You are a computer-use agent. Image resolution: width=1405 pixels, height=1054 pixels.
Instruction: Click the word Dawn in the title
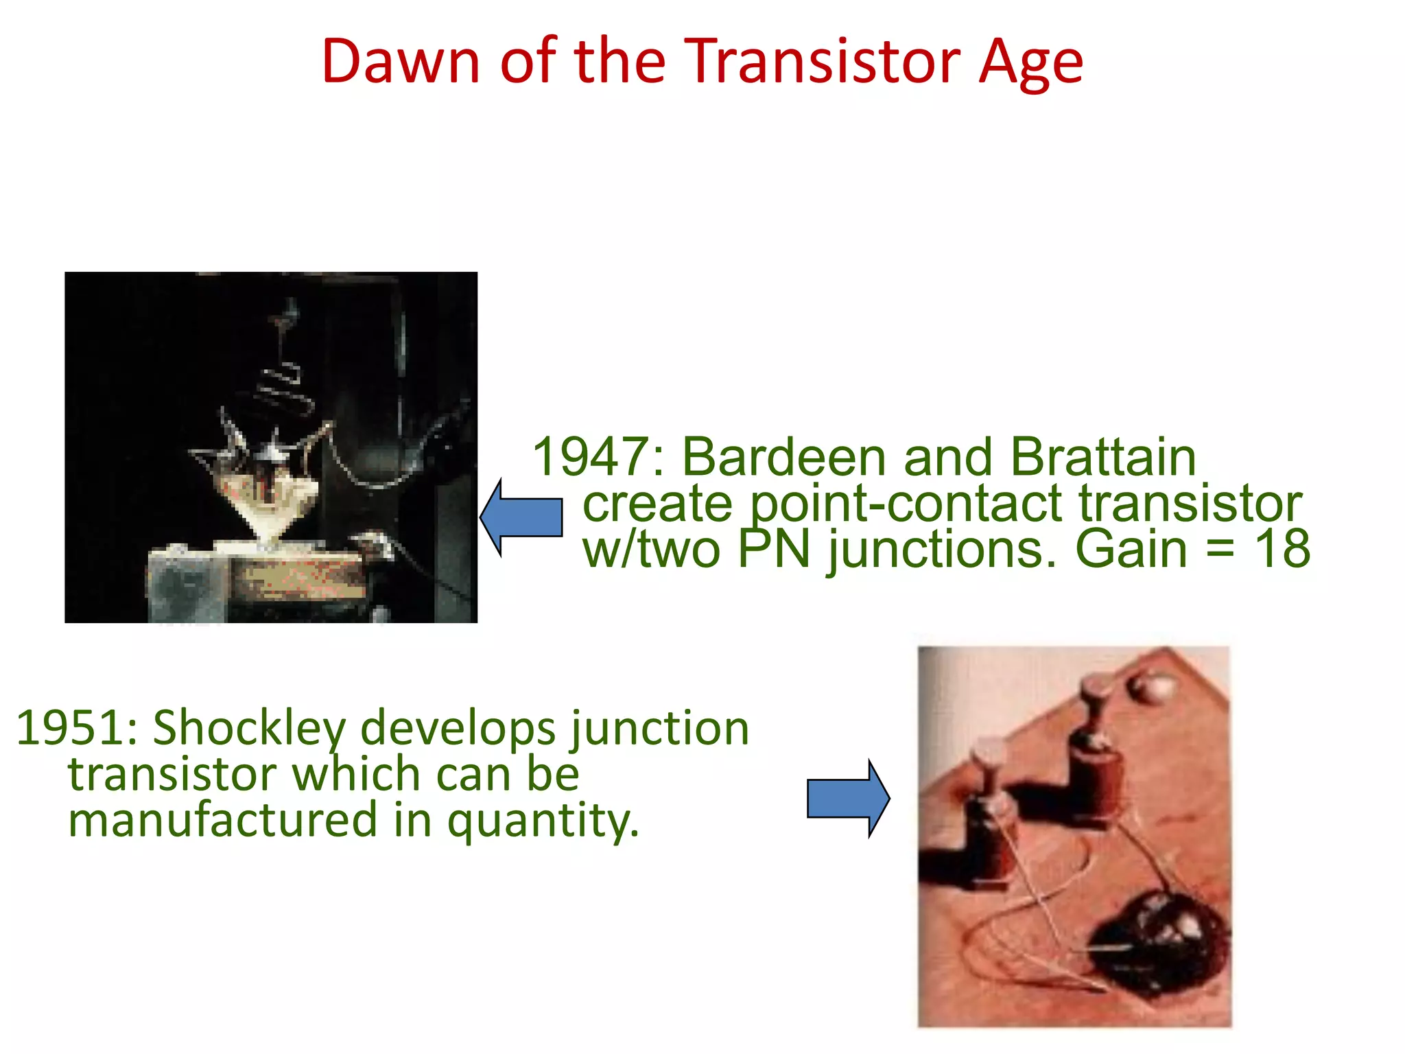(401, 62)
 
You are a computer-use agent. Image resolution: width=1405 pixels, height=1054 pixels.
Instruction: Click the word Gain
(1131, 550)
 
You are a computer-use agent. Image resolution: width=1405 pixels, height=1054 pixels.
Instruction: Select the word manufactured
(223, 821)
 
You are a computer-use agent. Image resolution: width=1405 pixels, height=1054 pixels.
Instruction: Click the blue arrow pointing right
(848, 799)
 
